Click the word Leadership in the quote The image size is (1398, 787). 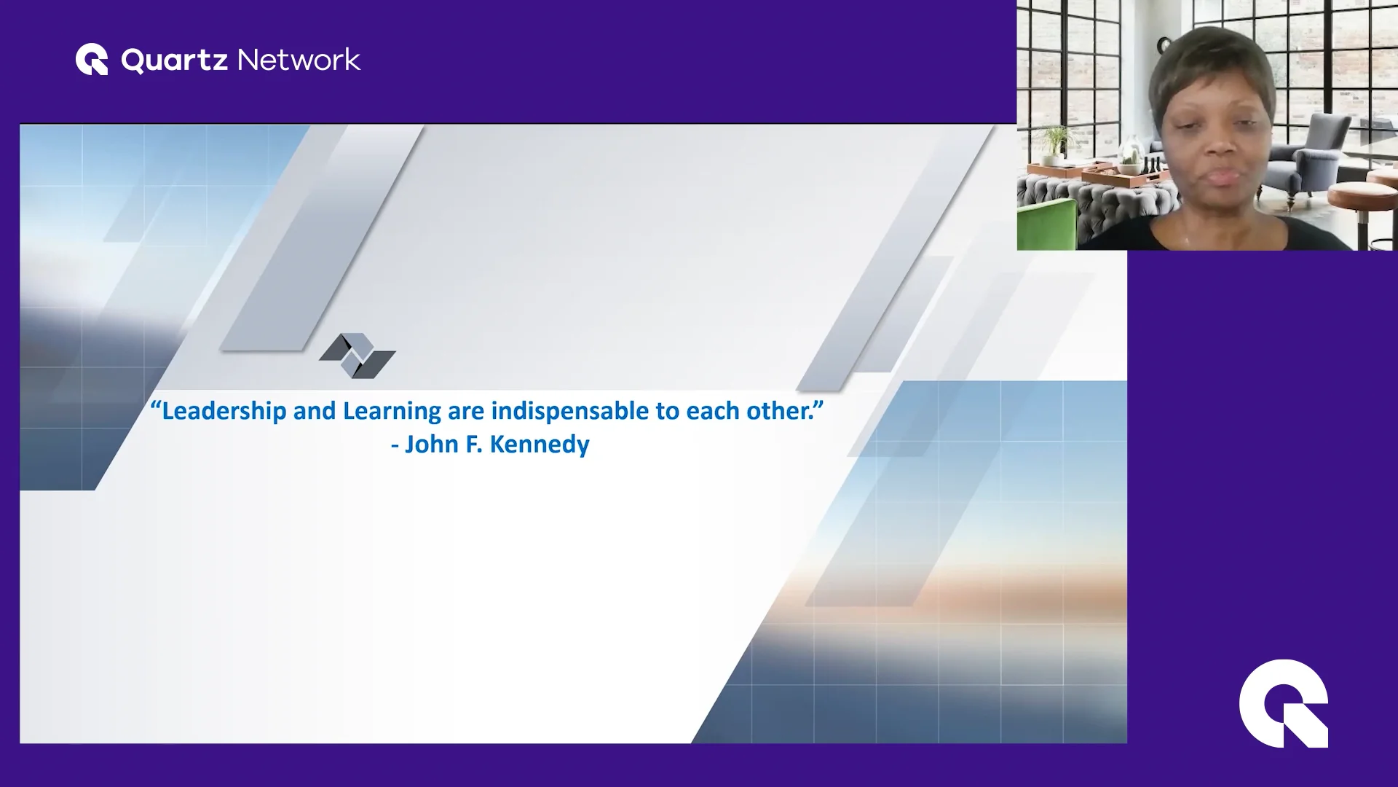(224, 411)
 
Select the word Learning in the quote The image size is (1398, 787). (392, 411)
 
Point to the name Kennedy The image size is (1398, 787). (539, 444)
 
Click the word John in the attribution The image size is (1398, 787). (431, 444)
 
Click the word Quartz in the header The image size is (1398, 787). (174, 60)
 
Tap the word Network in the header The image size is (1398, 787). (299, 60)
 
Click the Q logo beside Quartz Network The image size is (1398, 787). (92, 60)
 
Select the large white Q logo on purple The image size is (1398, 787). (1283, 703)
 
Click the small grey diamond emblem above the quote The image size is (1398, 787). (357, 356)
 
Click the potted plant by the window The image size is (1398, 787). (1053, 143)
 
